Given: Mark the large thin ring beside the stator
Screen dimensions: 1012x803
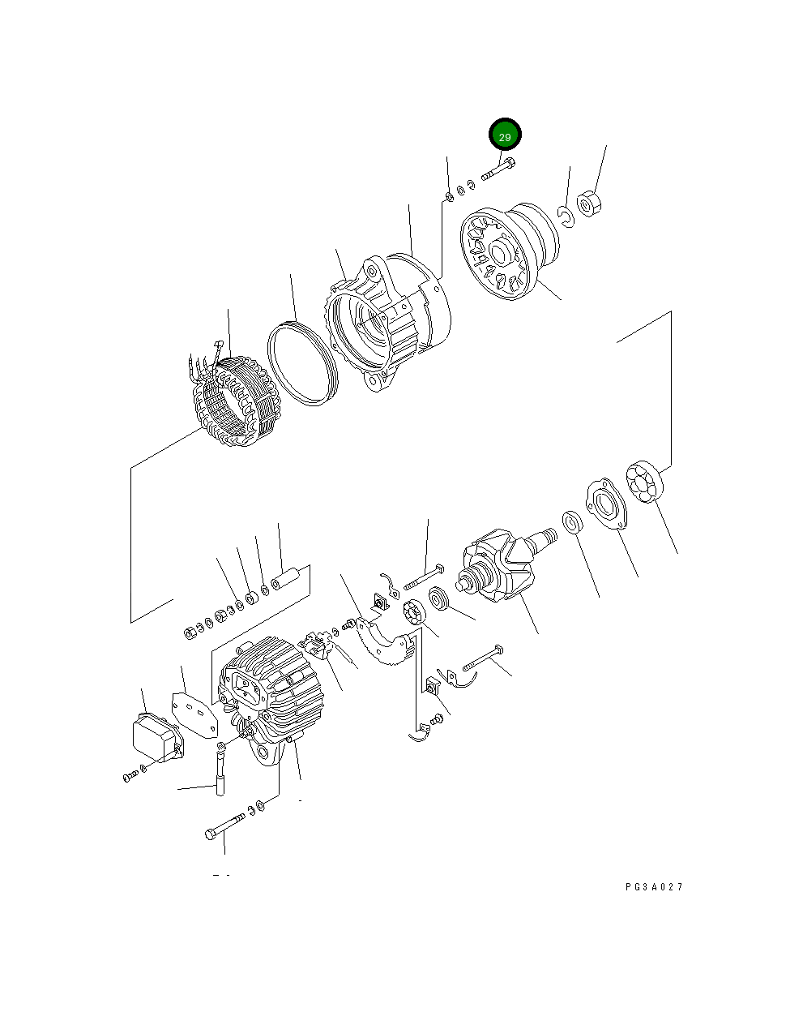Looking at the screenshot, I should click(x=302, y=362).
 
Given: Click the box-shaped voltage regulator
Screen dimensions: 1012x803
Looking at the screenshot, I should click(x=156, y=738).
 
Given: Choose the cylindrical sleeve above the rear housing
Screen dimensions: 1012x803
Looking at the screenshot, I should click(x=286, y=581).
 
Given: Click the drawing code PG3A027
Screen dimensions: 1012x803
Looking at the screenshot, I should click(x=654, y=887).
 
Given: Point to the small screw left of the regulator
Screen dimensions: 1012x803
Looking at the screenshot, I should click(x=129, y=776).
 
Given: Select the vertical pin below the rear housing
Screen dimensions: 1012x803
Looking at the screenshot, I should click(x=219, y=774).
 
